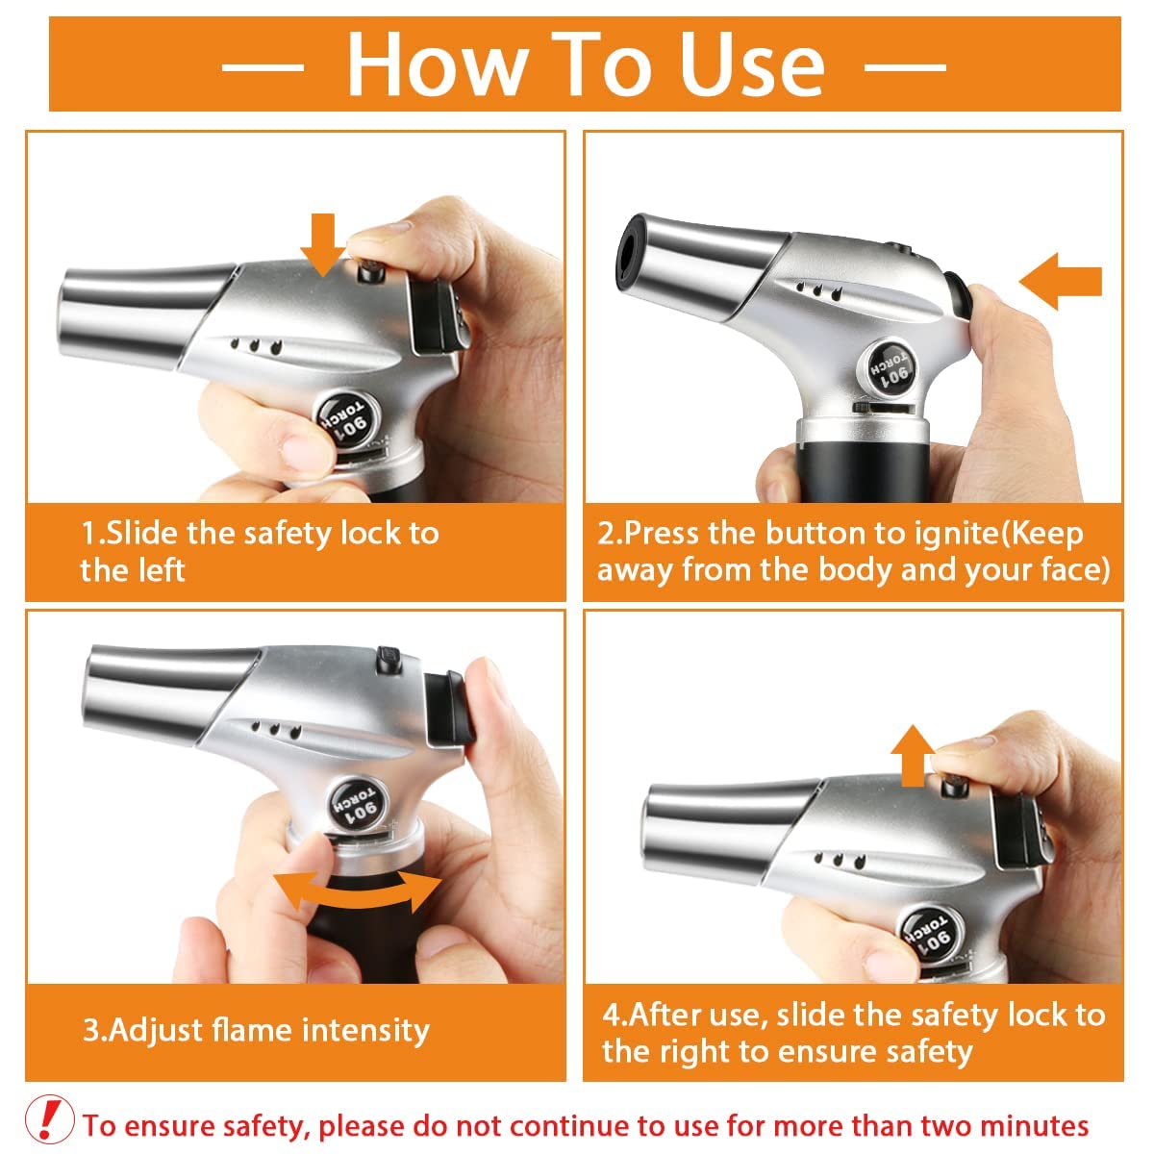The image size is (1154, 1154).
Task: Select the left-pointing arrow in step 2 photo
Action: click(1060, 281)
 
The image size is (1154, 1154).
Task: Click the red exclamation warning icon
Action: click(49, 1119)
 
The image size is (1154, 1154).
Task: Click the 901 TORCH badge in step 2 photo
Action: click(890, 366)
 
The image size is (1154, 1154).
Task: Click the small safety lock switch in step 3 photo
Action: click(389, 659)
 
